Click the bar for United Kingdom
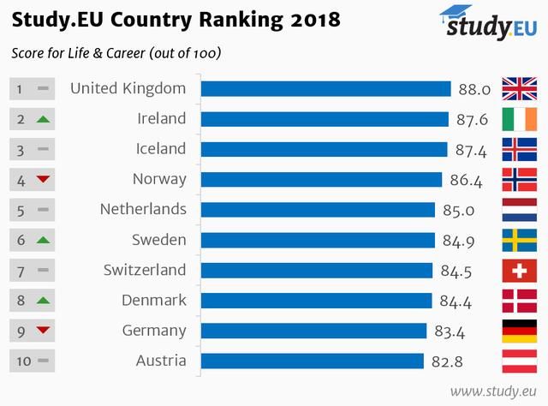coord(325,89)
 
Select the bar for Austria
coord(312,361)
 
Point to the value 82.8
coord(447,361)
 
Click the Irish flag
coord(519,119)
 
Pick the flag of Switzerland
coord(519,270)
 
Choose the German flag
coord(519,330)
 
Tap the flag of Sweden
coord(519,240)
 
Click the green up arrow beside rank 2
coord(43,119)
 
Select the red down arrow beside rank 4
coord(43,179)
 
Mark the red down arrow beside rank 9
coord(43,330)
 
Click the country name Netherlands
coord(143,209)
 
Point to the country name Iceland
coord(161,149)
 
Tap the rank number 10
coord(22,361)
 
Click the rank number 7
coord(21,270)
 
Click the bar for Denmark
coord(316,300)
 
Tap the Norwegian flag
coord(519,179)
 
